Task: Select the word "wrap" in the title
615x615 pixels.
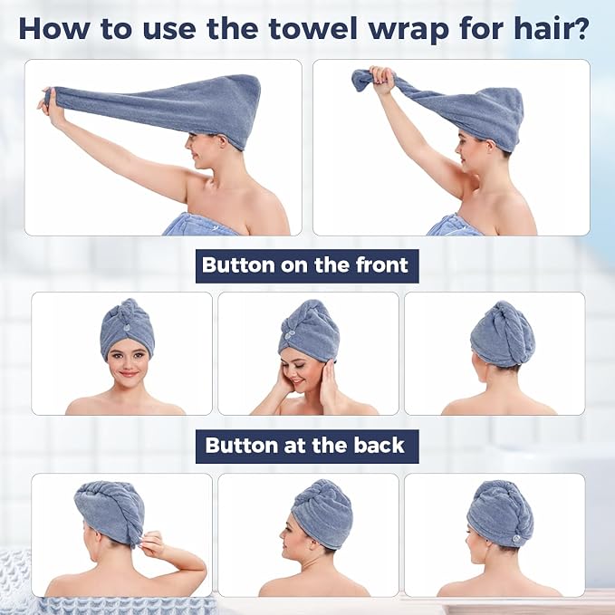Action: (410, 32)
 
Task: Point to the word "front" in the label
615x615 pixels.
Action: (382, 265)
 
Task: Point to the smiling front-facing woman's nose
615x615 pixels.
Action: (127, 364)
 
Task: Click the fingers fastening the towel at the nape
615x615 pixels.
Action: (151, 540)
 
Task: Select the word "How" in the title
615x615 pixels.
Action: (53, 29)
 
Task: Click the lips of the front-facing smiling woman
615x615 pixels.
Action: (128, 374)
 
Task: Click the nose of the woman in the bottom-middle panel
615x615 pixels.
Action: (283, 533)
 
